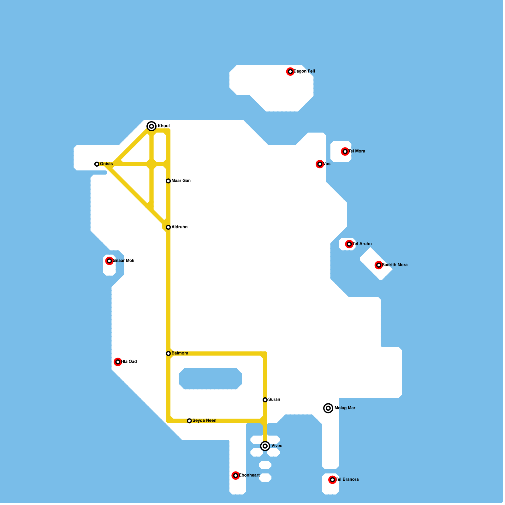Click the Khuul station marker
click(x=151, y=126)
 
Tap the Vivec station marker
click(x=265, y=446)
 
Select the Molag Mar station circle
click(x=328, y=408)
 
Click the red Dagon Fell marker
click(x=290, y=72)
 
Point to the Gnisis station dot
click(x=97, y=164)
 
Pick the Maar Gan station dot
click(x=168, y=181)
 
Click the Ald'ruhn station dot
click(x=168, y=227)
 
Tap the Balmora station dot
click(x=168, y=353)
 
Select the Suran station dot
click(x=265, y=400)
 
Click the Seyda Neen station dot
click(x=189, y=421)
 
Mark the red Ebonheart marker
click(x=235, y=476)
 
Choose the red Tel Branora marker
click(x=332, y=480)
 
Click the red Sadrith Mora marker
click(x=379, y=265)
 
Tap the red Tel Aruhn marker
click(x=349, y=244)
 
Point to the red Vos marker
click(x=320, y=164)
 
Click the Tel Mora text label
click(x=357, y=151)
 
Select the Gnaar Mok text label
click(x=124, y=261)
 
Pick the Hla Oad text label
click(x=129, y=362)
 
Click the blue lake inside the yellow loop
click(x=210, y=379)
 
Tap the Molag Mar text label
click(x=345, y=408)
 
